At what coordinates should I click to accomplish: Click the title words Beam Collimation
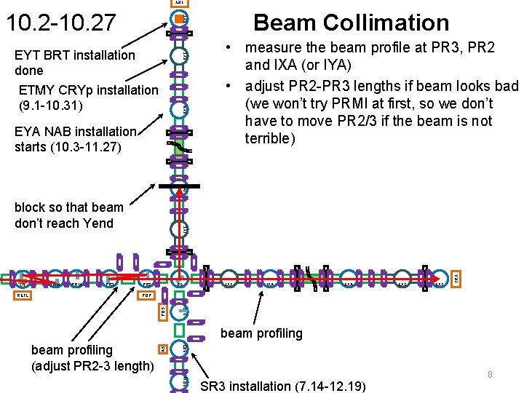[351, 23]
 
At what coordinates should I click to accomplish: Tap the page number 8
[490, 374]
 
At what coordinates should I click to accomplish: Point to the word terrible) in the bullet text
[270, 138]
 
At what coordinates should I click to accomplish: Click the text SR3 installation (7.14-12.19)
[283, 386]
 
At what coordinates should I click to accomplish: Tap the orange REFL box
[23, 296]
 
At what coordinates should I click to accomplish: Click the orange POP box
[146, 296]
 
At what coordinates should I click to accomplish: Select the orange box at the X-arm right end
[456, 278]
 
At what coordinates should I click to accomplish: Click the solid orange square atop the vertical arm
[181, 15]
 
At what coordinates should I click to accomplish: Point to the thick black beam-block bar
[180, 186]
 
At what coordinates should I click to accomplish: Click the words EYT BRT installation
[75, 55]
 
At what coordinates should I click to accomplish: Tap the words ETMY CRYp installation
[87, 90]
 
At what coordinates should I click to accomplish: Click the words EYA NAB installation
[76, 132]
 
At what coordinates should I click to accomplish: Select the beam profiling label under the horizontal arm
[261, 333]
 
